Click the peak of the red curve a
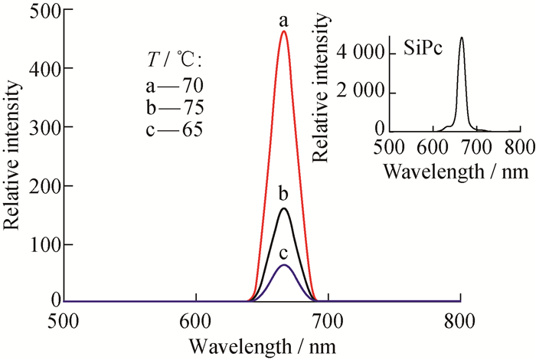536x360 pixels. [x=283, y=31]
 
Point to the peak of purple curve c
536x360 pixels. [x=283, y=265]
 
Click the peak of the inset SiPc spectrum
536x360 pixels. [x=462, y=38]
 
